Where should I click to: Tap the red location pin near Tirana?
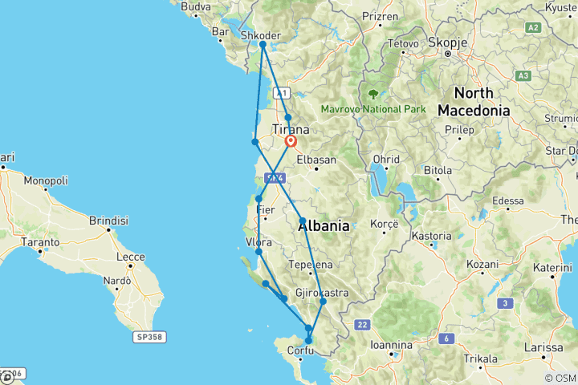pyautogui.click(x=291, y=142)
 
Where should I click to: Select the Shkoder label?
pyautogui.click(x=261, y=35)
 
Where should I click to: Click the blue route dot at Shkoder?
pyautogui.click(x=263, y=45)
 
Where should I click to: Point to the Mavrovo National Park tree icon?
pyautogui.click(x=373, y=94)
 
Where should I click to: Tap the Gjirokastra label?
pyautogui.click(x=322, y=293)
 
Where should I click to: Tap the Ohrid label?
pyautogui.click(x=385, y=159)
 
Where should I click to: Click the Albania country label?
pyautogui.click(x=324, y=226)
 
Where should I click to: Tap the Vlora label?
pyautogui.click(x=258, y=242)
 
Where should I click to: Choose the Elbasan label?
pyautogui.click(x=316, y=160)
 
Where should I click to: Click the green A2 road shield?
pyautogui.click(x=555, y=28)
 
